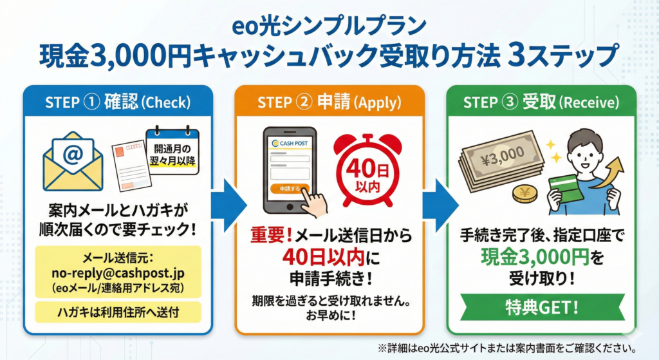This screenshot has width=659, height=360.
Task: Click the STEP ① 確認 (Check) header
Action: (118, 102)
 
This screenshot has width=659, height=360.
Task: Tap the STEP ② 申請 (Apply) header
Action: (329, 102)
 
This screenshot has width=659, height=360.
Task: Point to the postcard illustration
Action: (131, 163)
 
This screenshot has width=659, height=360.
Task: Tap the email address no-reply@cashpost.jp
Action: (118, 272)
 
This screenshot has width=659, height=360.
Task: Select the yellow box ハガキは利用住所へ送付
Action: (118, 312)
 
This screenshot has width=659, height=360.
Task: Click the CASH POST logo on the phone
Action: (291, 143)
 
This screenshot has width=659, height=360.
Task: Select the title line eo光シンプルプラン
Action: (329, 27)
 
